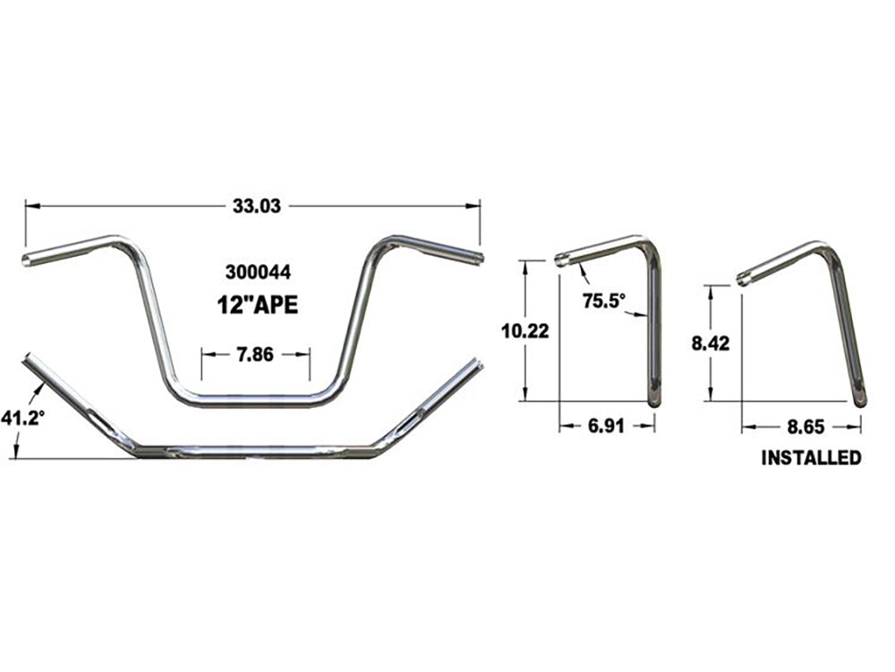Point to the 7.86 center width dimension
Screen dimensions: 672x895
tap(256, 354)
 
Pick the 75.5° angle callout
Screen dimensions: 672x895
tap(601, 301)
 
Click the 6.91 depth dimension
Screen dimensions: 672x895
tap(607, 427)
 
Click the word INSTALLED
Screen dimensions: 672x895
tap(811, 458)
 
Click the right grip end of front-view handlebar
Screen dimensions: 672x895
tap(480, 259)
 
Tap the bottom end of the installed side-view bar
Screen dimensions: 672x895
tap(859, 399)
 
